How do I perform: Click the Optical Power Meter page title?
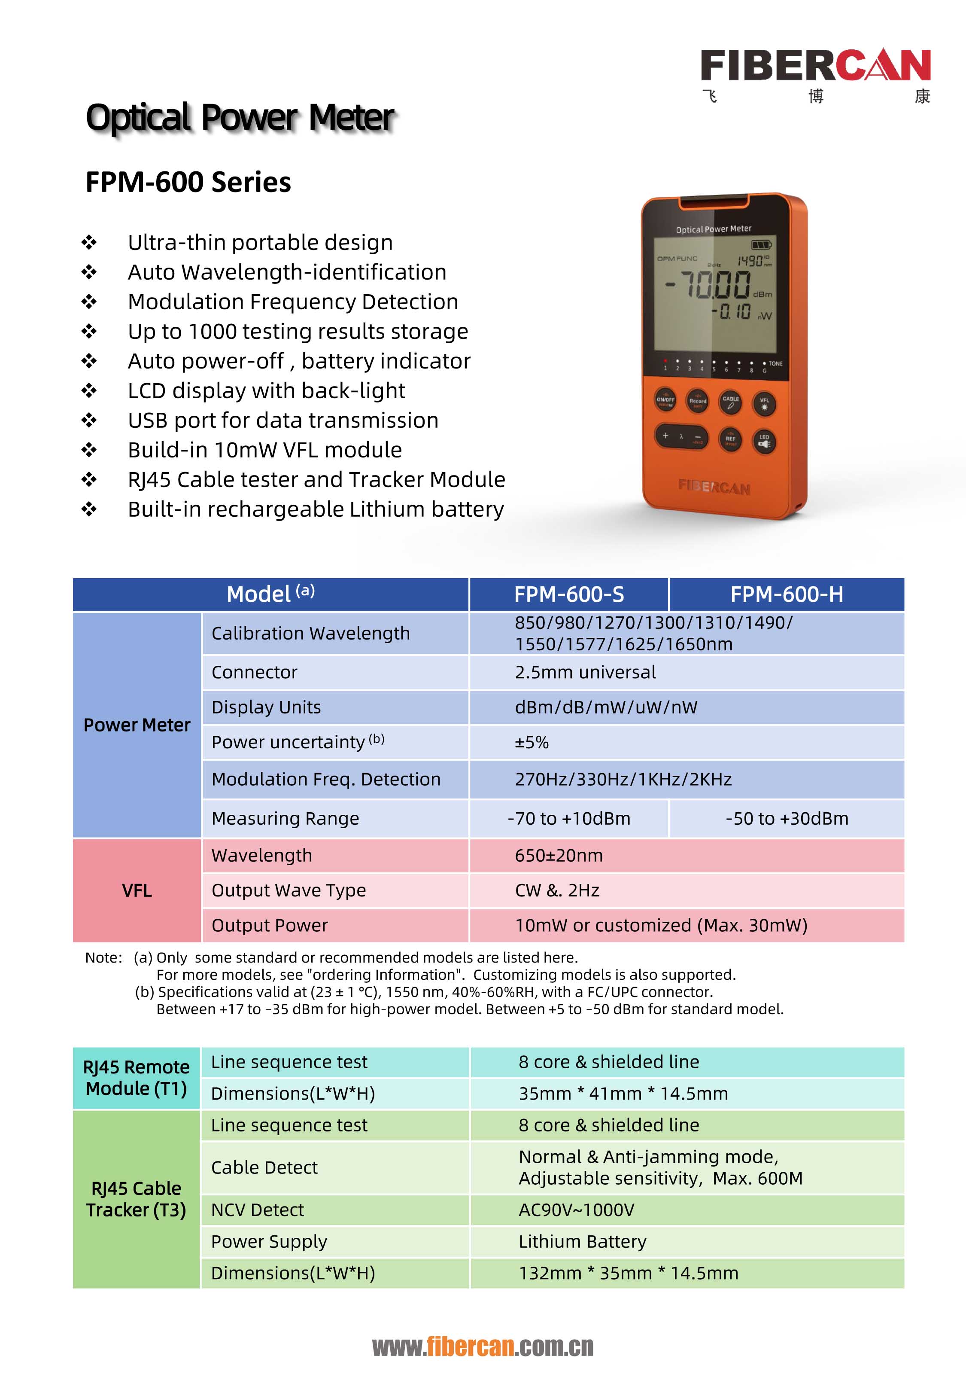[240, 117]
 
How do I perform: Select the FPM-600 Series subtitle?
[188, 182]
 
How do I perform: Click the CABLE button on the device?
[731, 401]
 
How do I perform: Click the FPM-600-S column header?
[569, 594]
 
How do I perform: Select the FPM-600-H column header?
[786, 594]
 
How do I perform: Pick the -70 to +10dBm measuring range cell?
[569, 818]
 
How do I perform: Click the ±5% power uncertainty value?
[532, 742]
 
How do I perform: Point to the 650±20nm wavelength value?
[559, 855]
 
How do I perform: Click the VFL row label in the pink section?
[137, 890]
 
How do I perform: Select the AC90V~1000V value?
[576, 1210]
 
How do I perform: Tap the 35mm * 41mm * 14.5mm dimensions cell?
[623, 1093]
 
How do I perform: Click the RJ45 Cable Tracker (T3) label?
[136, 1199]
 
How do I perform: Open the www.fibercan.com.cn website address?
[483, 1346]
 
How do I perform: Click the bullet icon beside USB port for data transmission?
[89, 420]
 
